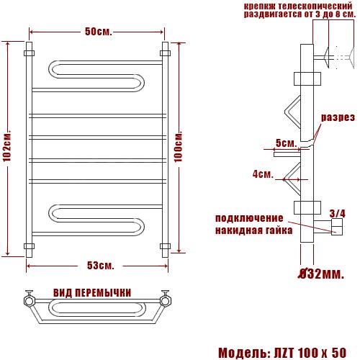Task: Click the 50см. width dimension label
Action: (x=99, y=32)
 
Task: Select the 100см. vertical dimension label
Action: (x=179, y=146)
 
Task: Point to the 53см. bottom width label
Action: (x=100, y=266)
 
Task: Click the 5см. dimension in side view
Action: (x=286, y=143)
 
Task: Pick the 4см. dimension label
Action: (x=263, y=174)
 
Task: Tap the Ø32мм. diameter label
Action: (x=321, y=274)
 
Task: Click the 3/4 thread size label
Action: (x=338, y=213)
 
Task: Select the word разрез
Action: (x=338, y=117)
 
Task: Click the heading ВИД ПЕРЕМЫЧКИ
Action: (x=92, y=293)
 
